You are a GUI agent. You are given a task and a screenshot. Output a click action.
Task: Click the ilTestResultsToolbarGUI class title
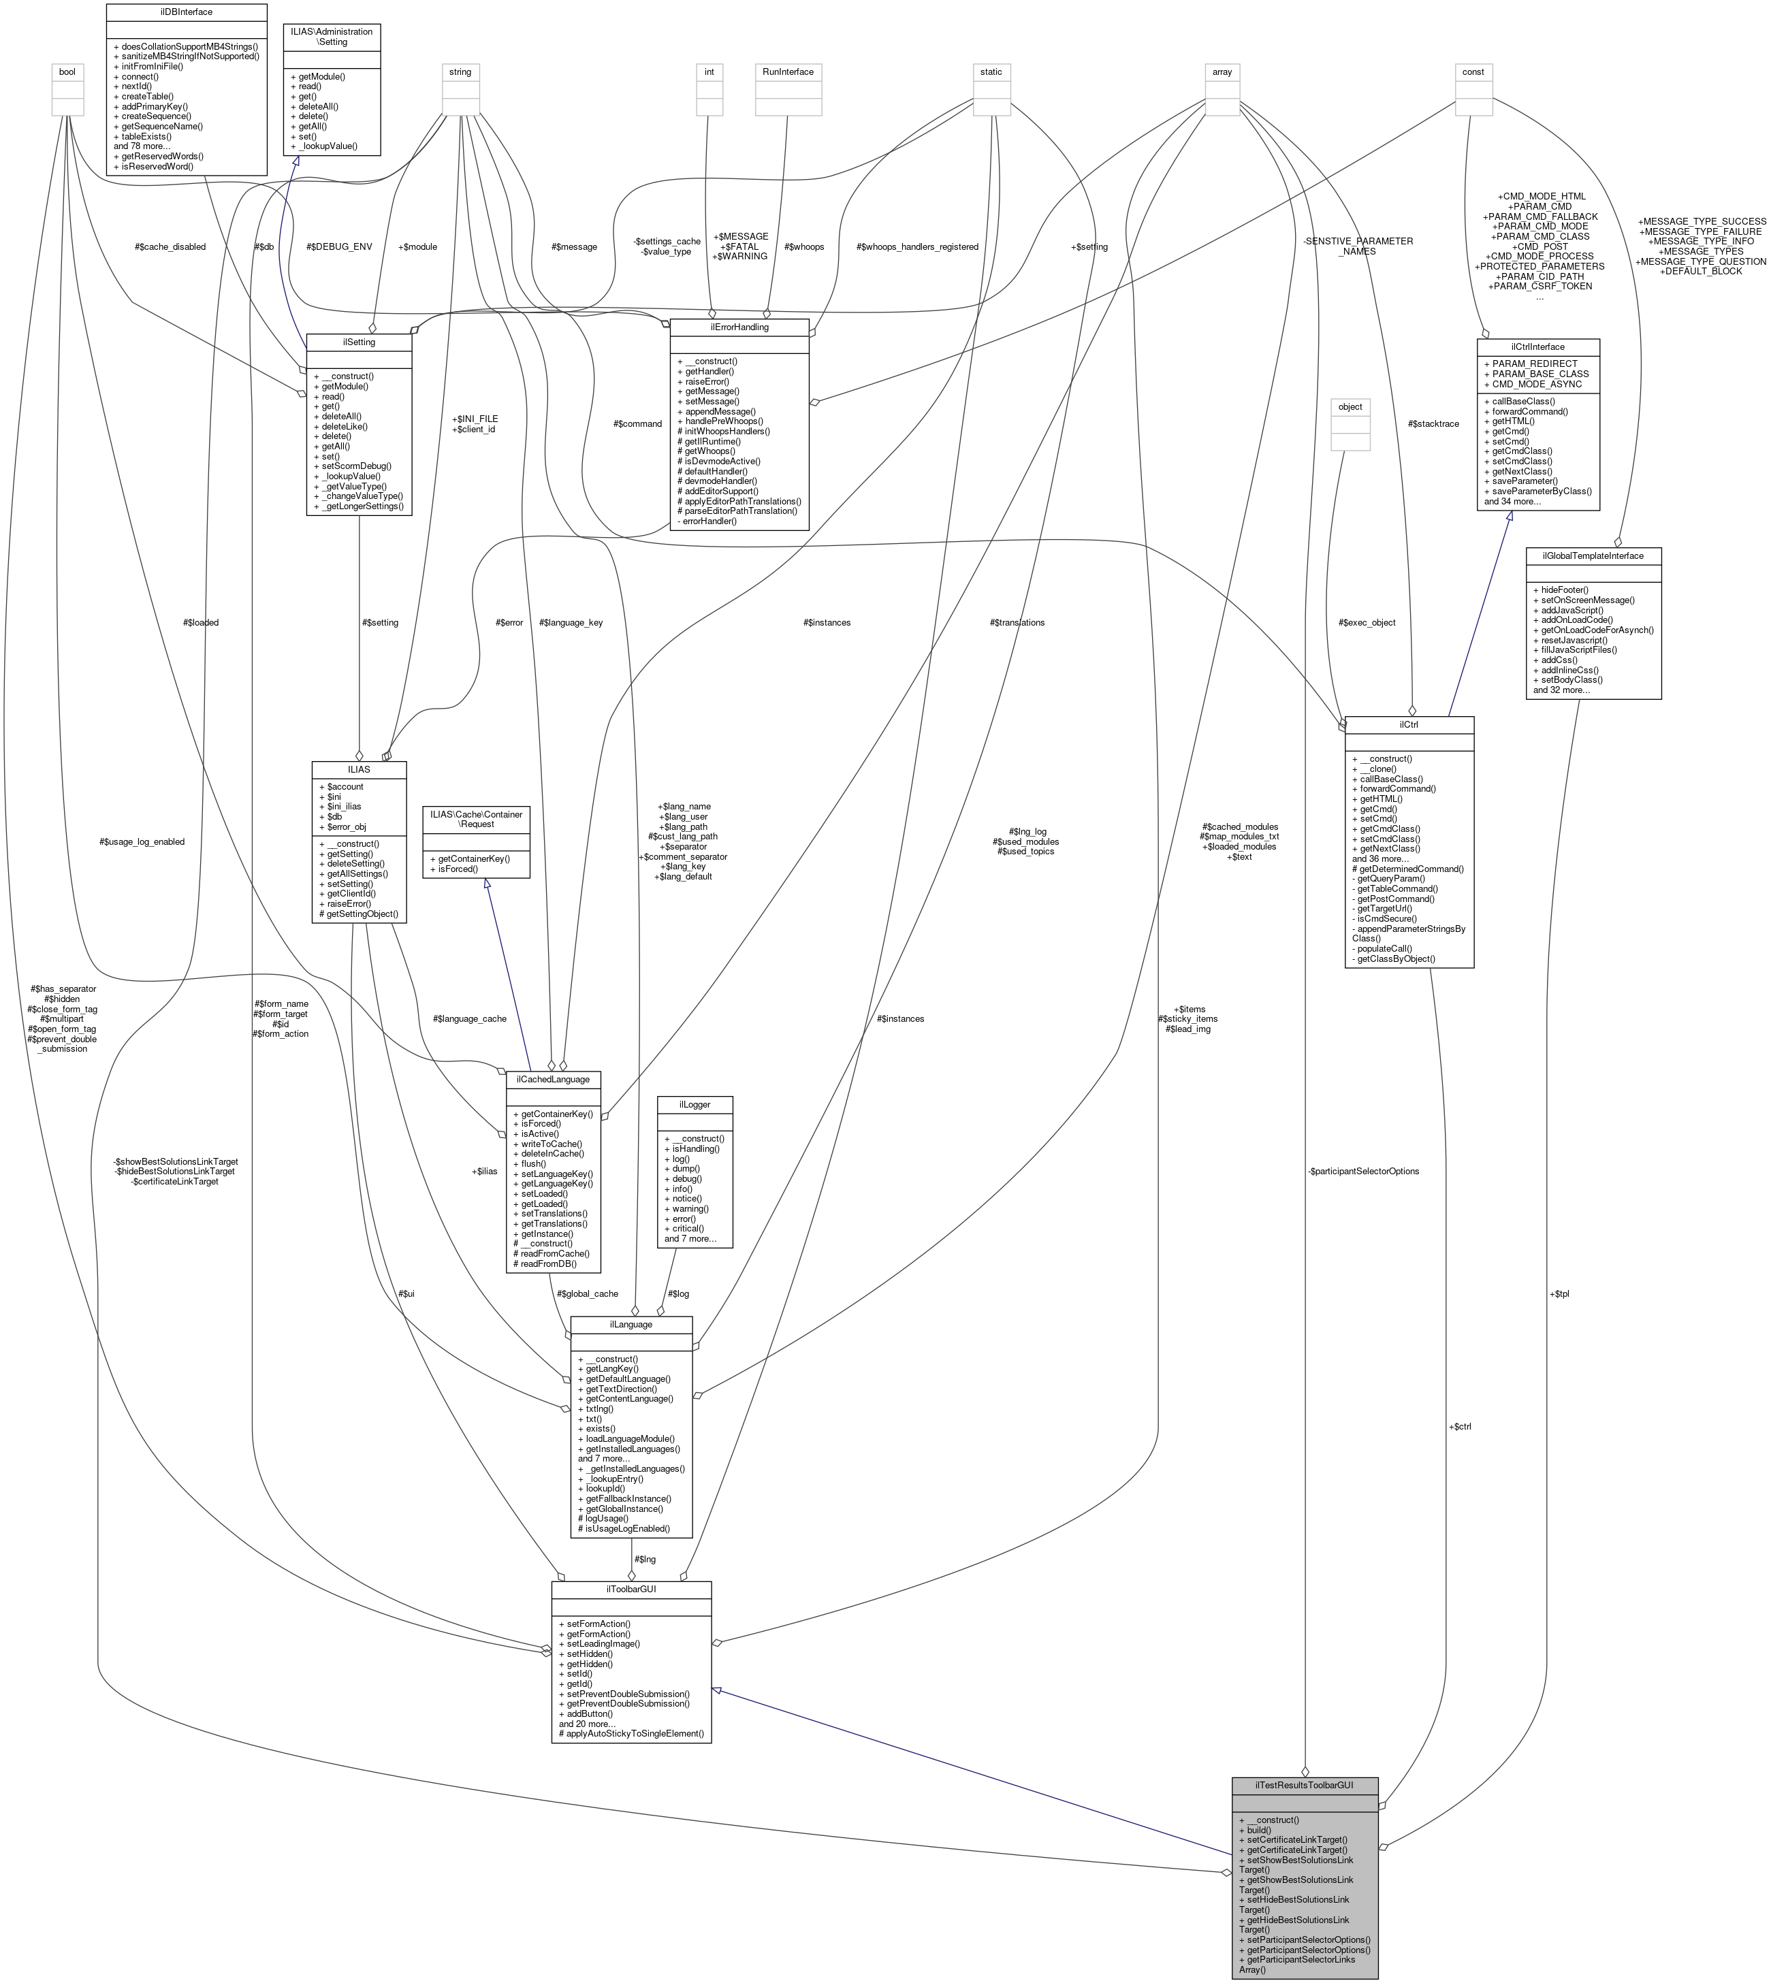(x=1304, y=1786)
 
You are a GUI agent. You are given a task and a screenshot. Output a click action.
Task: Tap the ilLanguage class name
(x=631, y=1324)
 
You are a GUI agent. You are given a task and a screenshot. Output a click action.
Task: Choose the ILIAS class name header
(x=359, y=769)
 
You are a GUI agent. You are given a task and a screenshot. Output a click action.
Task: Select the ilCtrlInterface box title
(x=1537, y=346)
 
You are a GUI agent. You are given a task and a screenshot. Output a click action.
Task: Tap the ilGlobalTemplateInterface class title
(x=1593, y=555)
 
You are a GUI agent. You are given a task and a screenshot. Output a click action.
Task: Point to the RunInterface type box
(x=788, y=72)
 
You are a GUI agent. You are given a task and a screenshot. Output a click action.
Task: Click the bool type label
(x=67, y=72)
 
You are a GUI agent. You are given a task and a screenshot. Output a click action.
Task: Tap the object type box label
(x=1350, y=406)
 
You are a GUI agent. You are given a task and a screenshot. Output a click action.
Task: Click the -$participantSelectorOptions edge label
(x=1362, y=1170)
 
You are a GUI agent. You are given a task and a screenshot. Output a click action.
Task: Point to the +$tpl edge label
(x=1559, y=1293)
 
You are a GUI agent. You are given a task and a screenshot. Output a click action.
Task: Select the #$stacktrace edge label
(x=1433, y=423)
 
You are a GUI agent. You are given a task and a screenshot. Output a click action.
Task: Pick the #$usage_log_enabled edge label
(x=142, y=841)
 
